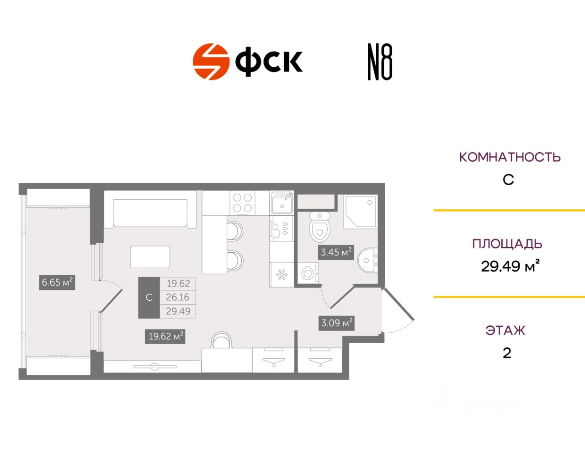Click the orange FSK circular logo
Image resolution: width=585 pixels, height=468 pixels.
tap(211, 62)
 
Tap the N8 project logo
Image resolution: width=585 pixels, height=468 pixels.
tap(380, 62)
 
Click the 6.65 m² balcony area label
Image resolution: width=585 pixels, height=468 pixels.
tap(57, 282)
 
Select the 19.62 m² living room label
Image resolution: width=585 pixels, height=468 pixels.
tap(165, 336)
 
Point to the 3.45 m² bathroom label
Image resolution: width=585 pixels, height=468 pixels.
tap(336, 252)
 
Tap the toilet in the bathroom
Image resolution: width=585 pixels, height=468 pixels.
tap(319, 228)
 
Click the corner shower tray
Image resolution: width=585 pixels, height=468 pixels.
tap(360, 212)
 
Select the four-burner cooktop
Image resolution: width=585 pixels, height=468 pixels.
tap(242, 203)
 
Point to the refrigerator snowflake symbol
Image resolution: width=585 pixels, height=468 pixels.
tap(281, 275)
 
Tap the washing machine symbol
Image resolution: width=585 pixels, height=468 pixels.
tap(308, 273)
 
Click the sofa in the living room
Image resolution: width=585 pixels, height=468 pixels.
tap(150, 212)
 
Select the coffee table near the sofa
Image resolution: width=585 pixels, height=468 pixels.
tap(150, 257)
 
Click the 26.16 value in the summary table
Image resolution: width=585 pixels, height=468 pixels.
tap(177, 297)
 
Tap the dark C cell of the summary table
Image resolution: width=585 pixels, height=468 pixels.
tap(149, 298)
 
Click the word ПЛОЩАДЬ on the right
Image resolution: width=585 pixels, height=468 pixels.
tap(507, 244)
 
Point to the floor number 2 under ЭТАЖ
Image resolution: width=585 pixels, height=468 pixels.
tap(507, 353)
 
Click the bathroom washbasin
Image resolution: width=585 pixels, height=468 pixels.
tap(367, 260)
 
